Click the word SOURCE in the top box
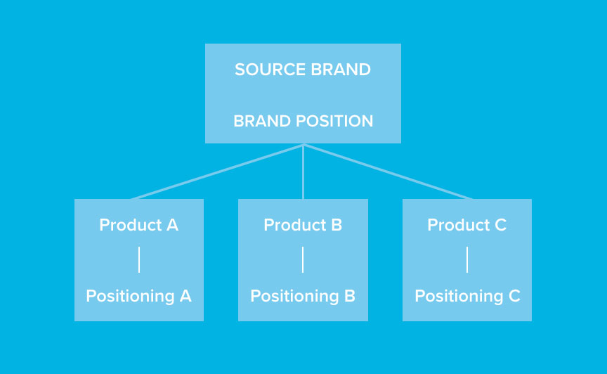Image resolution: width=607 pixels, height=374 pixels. click(x=270, y=70)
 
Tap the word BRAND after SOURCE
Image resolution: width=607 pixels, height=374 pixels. click(x=341, y=70)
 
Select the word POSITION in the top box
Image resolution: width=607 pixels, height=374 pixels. click(x=334, y=121)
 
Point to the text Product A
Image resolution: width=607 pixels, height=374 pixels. click(x=138, y=225)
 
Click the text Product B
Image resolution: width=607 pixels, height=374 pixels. click(x=303, y=225)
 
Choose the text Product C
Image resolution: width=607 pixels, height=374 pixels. click(x=467, y=225)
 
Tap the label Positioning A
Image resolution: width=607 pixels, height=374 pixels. click(x=138, y=296)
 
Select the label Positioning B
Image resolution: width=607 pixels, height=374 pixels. click(x=303, y=296)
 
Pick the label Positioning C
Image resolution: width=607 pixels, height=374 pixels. click(x=467, y=296)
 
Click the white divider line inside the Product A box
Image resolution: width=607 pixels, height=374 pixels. click(x=139, y=259)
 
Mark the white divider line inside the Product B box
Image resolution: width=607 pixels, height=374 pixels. click(x=303, y=259)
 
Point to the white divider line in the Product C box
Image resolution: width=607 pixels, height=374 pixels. click(x=467, y=259)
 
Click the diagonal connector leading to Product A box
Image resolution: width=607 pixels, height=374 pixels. click(x=218, y=172)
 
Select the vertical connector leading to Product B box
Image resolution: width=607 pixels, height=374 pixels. click(x=303, y=172)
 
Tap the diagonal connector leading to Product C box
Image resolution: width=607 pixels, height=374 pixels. click(x=388, y=172)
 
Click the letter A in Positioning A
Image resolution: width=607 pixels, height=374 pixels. click(x=185, y=296)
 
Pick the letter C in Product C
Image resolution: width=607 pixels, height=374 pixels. click(x=500, y=225)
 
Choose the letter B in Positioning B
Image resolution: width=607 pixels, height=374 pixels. click(x=350, y=296)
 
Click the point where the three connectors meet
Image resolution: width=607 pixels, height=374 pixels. click(x=303, y=145)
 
